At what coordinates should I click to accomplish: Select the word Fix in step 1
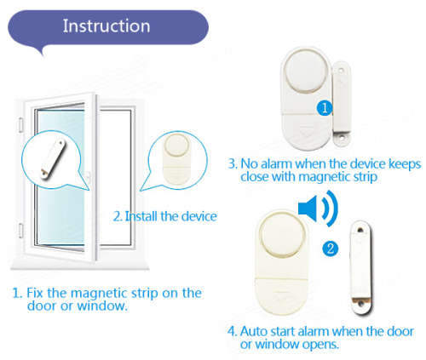tap(37, 293)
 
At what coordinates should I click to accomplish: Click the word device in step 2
tap(196, 217)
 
